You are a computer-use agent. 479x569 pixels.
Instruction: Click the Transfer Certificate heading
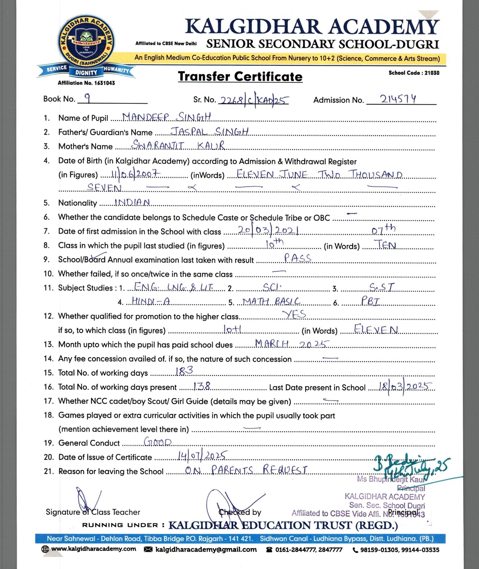tap(240, 77)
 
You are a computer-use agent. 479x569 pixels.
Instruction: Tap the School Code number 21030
tap(432, 73)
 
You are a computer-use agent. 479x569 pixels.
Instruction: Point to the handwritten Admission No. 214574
tap(398, 99)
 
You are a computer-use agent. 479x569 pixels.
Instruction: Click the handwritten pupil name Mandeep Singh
tap(166, 117)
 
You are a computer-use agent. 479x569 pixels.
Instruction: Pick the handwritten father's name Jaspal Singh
tap(209, 131)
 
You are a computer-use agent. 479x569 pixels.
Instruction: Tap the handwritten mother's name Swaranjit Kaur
tap(178, 145)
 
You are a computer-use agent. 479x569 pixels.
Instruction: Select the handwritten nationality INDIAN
tap(132, 203)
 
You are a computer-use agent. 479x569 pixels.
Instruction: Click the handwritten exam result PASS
tap(298, 258)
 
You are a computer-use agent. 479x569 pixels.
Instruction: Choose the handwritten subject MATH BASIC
tap(271, 301)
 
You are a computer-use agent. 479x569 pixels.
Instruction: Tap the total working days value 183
tap(184, 371)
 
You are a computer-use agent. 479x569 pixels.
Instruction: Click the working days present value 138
tap(201, 386)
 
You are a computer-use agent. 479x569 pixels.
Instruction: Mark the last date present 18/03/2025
tap(405, 386)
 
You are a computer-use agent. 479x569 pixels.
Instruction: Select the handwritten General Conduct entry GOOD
tap(158, 442)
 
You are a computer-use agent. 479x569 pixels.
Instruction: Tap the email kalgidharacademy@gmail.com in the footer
tap(206, 550)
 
